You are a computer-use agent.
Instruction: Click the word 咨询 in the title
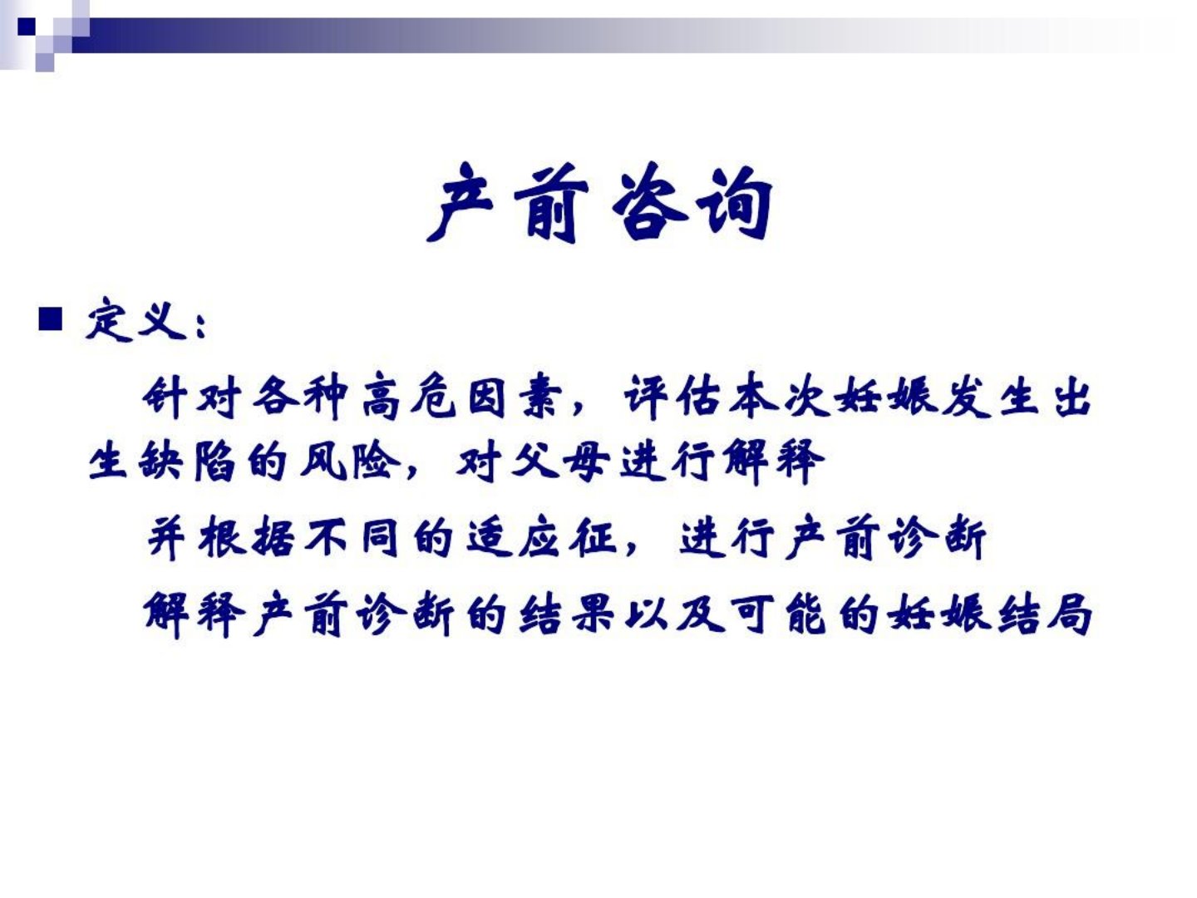click(x=692, y=202)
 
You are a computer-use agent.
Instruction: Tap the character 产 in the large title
click(x=461, y=202)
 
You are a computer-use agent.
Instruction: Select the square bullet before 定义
click(x=51, y=319)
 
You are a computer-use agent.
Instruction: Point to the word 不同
click(x=351, y=538)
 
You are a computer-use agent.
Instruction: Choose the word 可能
click(x=778, y=615)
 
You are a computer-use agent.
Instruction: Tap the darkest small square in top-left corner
click(x=26, y=26)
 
